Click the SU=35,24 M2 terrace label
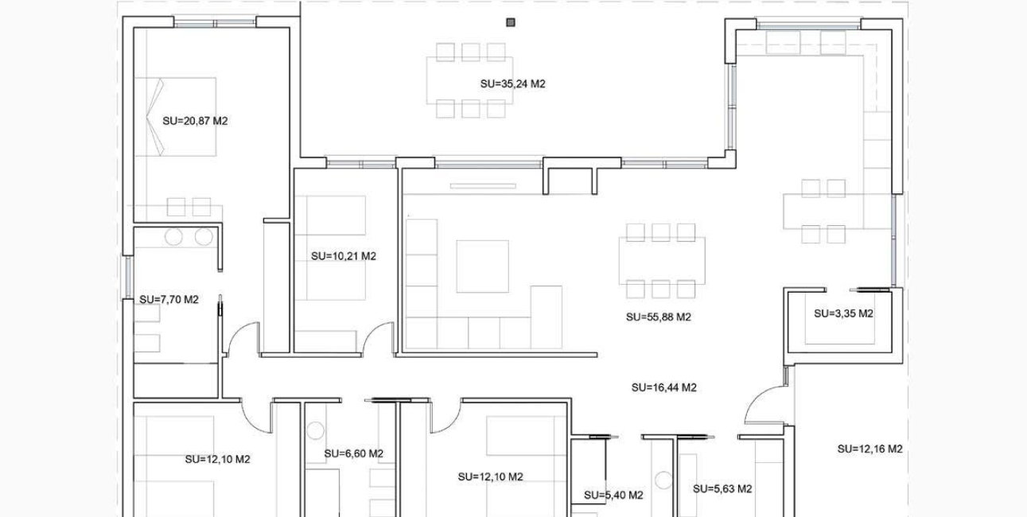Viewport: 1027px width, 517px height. [x=512, y=84]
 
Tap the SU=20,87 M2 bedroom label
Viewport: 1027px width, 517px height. [x=195, y=122]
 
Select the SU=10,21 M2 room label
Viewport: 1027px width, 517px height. [x=343, y=257]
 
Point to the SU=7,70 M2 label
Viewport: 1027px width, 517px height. [x=169, y=300]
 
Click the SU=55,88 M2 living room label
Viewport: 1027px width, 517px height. [x=658, y=317]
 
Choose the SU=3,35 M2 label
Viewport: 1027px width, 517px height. [x=843, y=313]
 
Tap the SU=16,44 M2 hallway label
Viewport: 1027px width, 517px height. [x=663, y=388]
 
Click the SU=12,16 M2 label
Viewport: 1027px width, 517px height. [x=869, y=449]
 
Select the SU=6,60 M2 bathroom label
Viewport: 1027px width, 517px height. [x=353, y=454]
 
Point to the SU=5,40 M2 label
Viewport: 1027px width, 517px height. [x=613, y=495]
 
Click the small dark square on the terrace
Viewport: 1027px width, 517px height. [x=510, y=22]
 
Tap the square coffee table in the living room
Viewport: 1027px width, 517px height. [x=482, y=266]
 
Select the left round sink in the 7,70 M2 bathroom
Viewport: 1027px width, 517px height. [x=174, y=236]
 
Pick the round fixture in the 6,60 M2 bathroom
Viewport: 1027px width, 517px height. [x=315, y=430]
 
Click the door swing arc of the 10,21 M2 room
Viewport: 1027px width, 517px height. [x=376, y=334]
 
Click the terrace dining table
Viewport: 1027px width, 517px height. [x=469, y=80]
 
